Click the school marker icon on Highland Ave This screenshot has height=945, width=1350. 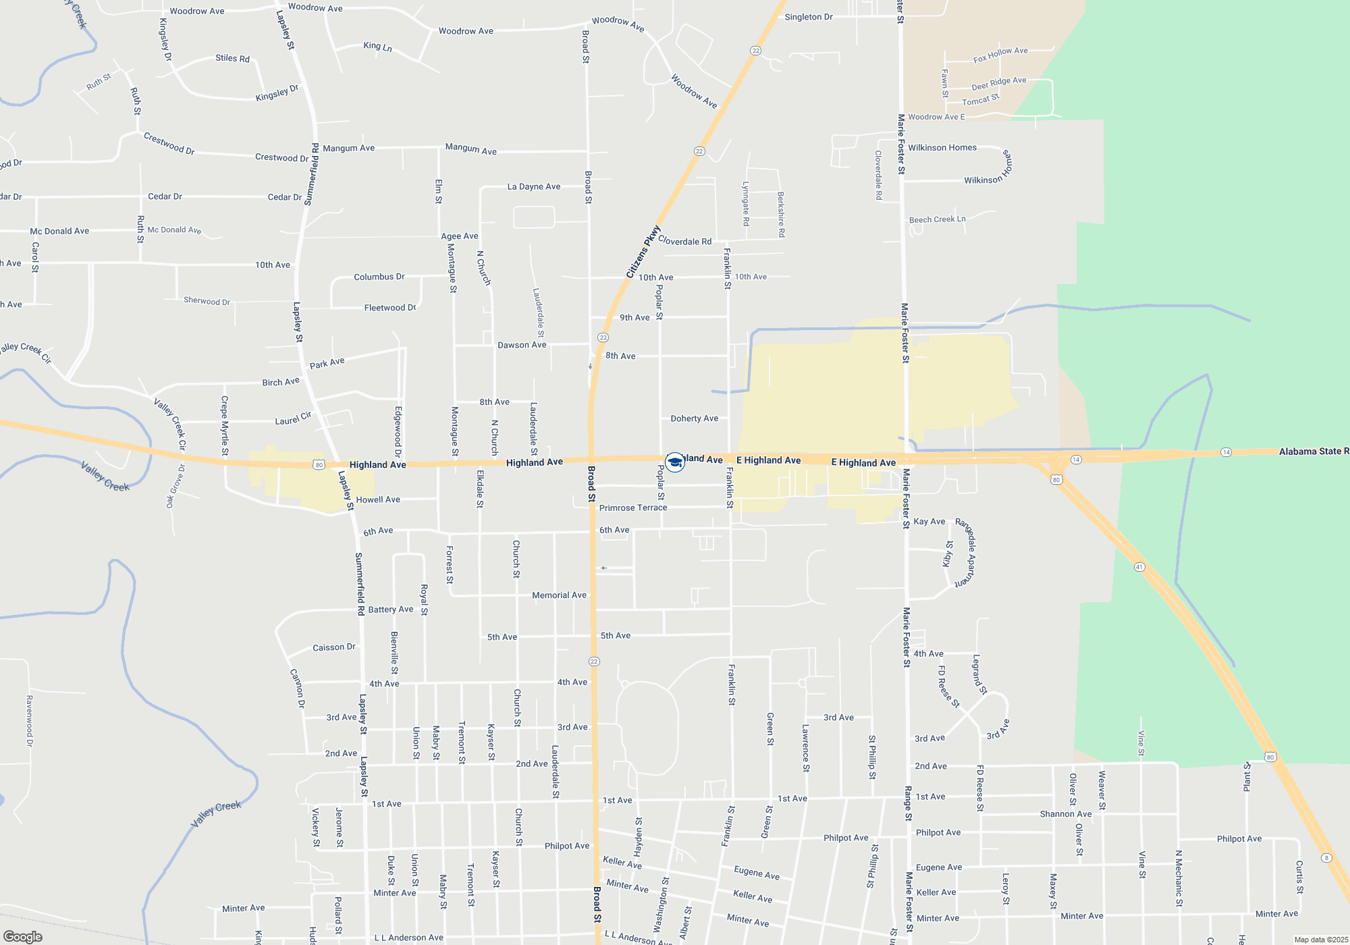pos(674,462)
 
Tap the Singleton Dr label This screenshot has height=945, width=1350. pos(808,17)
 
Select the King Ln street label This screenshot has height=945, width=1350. pos(377,46)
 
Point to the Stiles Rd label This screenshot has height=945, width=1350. pos(232,58)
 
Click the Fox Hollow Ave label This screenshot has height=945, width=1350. pos(1000,55)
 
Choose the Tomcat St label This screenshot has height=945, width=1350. pos(980,100)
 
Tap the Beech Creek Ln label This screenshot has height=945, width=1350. pos(937,219)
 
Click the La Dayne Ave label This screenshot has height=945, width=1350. pos(533,186)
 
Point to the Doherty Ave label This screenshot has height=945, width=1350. pos(694,418)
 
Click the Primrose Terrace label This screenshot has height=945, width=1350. pos(632,508)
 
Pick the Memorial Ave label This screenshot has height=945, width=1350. pos(559,595)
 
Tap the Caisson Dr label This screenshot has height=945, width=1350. pos(333,647)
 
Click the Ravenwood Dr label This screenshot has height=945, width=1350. pos(29,721)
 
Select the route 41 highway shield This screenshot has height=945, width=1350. pos(1139,567)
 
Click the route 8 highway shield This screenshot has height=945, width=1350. pos(1326,858)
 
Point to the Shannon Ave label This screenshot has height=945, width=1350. pos(1065,814)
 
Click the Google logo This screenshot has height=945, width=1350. pos(23,937)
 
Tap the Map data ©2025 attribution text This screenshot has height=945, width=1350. pos(1320,940)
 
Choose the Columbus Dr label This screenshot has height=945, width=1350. pos(379,277)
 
